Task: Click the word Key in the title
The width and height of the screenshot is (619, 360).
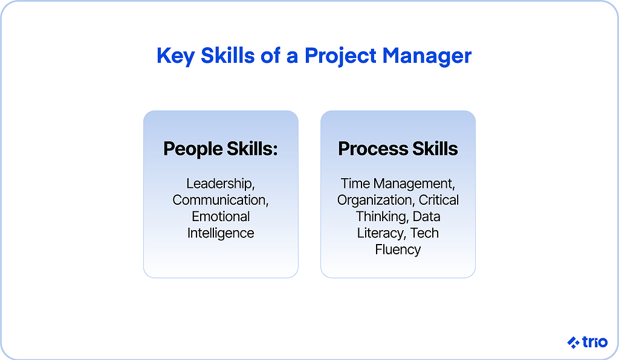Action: [x=176, y=56]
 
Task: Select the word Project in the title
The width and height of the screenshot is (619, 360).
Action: [x=340, y=56]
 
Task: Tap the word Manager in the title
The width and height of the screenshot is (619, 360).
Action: [x=427, y=56]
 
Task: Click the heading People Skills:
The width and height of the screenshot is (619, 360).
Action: [x=221, y=149]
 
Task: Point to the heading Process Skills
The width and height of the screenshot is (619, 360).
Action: [x=398, y=149]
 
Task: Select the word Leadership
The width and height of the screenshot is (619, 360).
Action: [x=221, y=184]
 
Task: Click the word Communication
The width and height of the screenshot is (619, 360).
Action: [x=221, y=201]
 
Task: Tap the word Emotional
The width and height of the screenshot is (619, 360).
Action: [x=221, y=216]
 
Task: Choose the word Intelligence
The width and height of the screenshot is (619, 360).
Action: [x=221, y=233]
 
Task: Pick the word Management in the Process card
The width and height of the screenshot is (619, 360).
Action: [x=414, y=184]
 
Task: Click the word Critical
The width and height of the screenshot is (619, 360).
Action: [x=439, y=200]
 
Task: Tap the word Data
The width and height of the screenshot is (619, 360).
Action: [x=426, y=216]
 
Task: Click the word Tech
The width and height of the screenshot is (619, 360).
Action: [x=424, y=233]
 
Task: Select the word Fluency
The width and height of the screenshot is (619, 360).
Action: [x=398, y=250]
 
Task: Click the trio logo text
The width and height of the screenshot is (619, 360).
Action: [x=595, y=342]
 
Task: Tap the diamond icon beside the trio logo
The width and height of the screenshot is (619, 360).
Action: [x=574, y=342]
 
